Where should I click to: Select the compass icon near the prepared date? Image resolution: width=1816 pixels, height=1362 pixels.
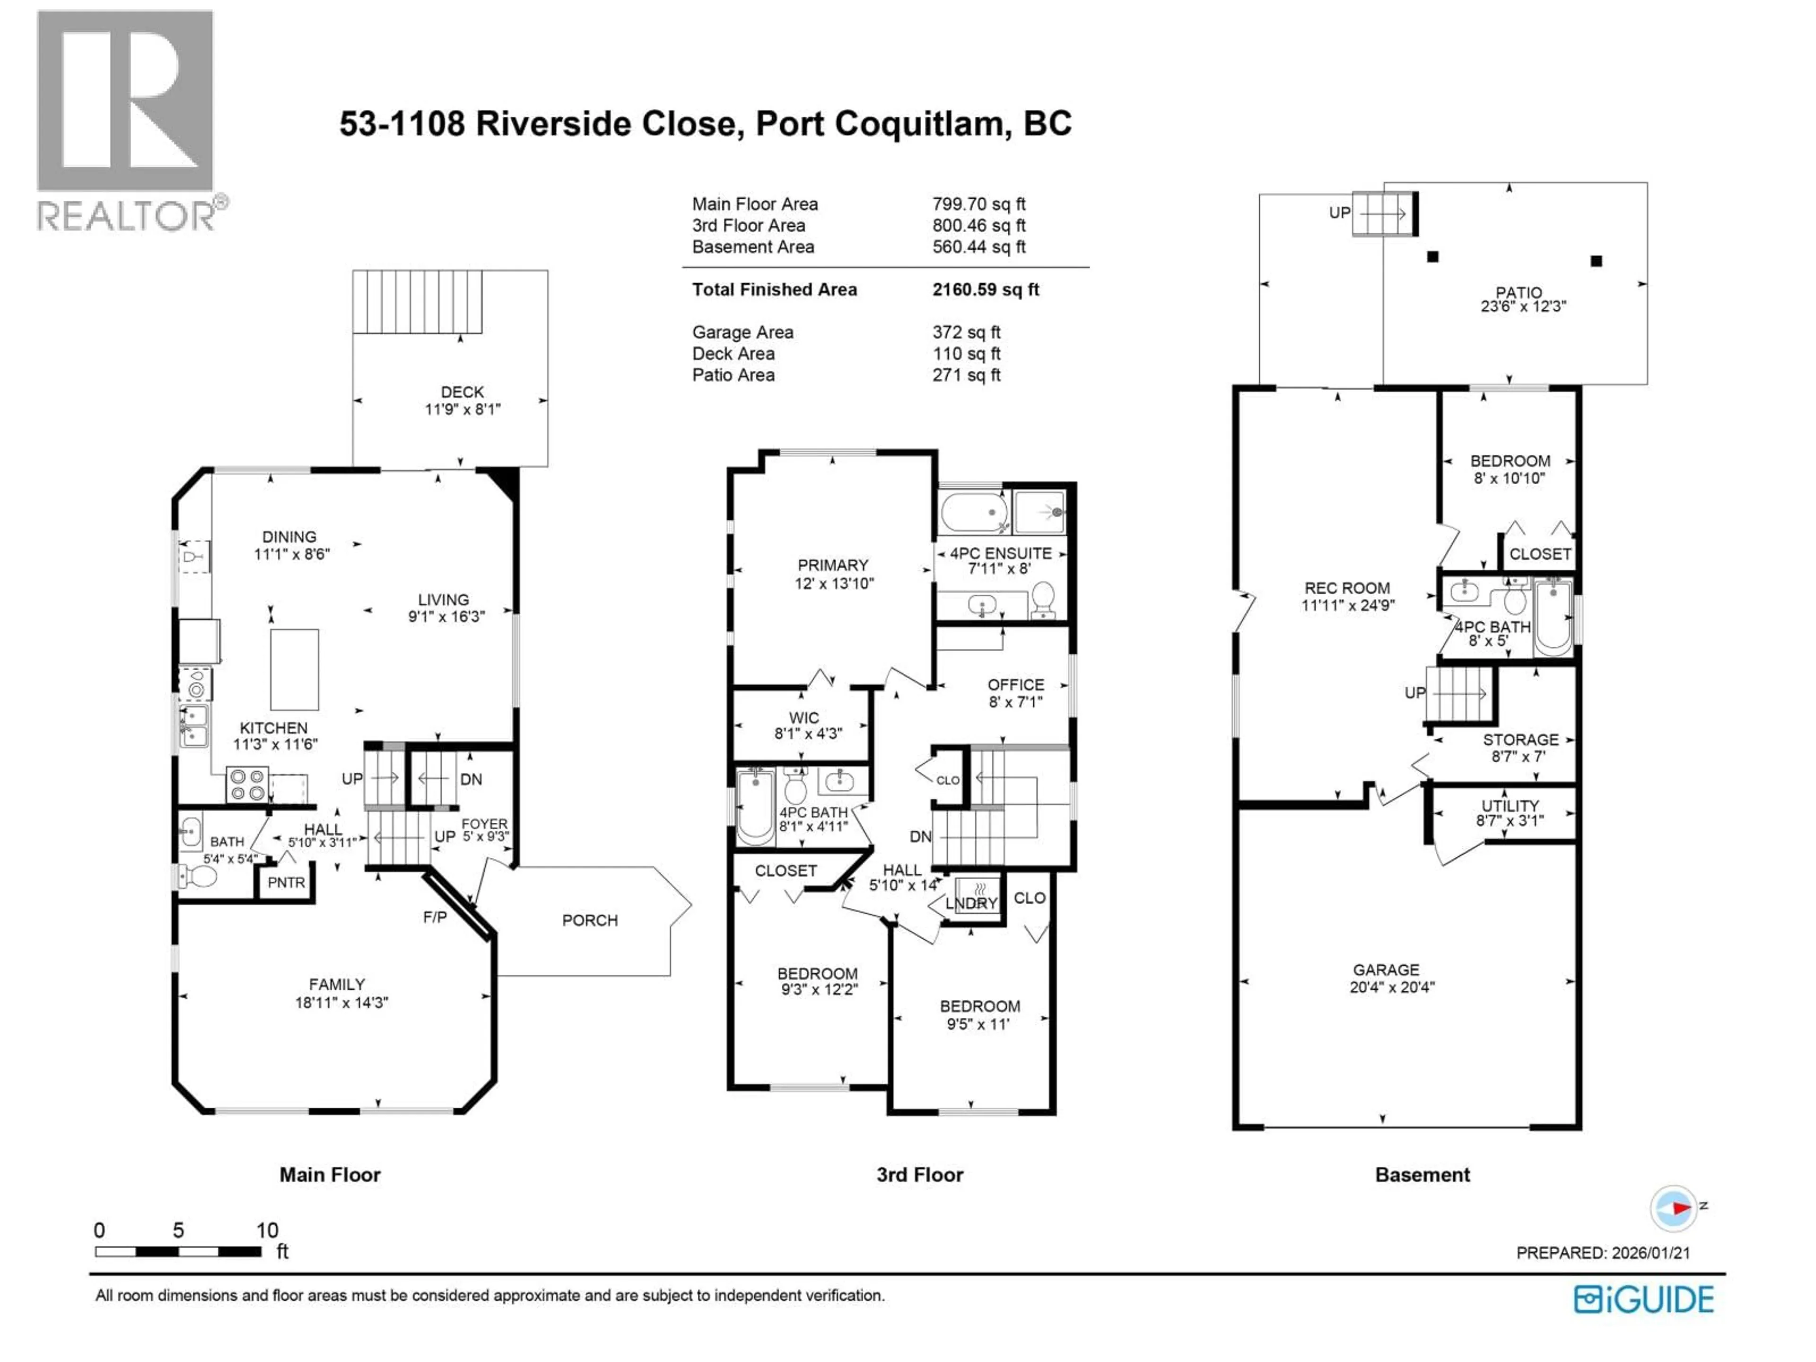click(1673, 1208)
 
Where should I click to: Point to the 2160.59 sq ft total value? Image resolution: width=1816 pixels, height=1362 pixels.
click(985, 290)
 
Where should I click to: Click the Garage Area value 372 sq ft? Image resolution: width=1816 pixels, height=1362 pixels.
click(966, 332)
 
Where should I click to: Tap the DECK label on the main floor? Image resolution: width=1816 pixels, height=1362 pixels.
click(462, 393)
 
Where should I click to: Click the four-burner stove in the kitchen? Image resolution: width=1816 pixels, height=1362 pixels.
click(247, 784)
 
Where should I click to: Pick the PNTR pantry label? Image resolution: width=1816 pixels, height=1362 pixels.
click(286, 882)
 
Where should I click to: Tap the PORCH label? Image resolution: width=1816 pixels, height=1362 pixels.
click(589, 920)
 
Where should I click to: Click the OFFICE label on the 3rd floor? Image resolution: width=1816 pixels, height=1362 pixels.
click(1015, 685)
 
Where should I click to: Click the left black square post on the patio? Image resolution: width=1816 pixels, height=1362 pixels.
click(1432, 257)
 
